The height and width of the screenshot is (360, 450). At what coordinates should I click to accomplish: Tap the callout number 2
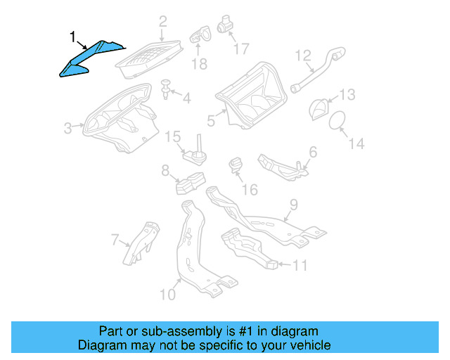[162, 22]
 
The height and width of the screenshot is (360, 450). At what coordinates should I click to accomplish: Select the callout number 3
[67, 128]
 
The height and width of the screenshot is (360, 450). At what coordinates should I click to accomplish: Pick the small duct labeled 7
[143, 242]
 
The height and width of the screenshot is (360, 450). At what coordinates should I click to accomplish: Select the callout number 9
[294, 205]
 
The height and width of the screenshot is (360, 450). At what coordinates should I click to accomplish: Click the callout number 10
[167, 294]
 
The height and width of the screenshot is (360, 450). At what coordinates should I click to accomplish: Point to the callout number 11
[300, 265]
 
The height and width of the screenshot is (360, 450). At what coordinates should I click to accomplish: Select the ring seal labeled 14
[336, 120]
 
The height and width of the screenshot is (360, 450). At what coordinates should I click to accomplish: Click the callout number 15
[173, 136]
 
